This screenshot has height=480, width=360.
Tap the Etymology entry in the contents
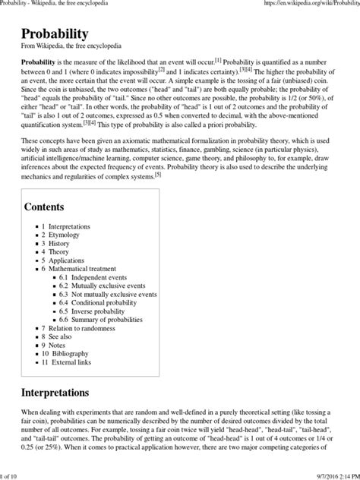(63, 236)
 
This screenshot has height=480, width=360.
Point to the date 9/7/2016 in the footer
(314, 475)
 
